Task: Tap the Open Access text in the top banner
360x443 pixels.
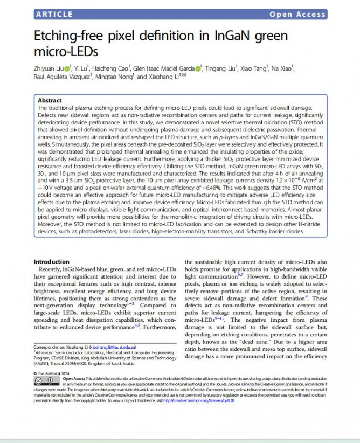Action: (297, 15)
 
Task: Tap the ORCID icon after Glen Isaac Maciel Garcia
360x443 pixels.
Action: (199, 68)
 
